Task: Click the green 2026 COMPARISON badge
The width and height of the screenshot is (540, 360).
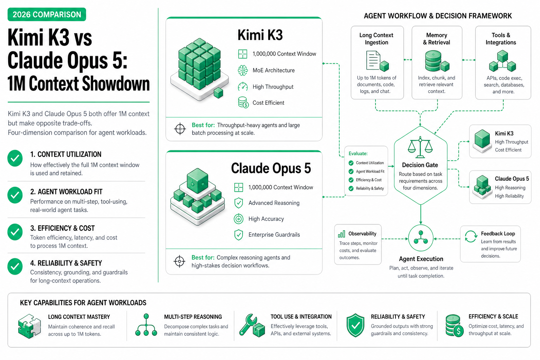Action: point(47,14)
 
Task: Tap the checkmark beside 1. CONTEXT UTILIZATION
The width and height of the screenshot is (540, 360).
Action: point(15,159)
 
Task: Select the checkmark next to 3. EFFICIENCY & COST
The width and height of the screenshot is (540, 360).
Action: point(15,232)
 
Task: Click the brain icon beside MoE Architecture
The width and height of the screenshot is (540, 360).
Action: point(243,70)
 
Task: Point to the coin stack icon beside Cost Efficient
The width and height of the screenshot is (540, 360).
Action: point(243,102)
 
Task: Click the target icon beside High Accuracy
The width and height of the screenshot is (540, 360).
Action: point(238,219)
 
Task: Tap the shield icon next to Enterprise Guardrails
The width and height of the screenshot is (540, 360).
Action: point(238,235)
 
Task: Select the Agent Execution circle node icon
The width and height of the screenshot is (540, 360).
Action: point(421,238)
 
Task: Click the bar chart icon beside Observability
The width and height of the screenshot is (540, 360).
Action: point(341,234)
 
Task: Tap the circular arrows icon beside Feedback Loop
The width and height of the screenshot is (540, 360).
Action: point(471,236)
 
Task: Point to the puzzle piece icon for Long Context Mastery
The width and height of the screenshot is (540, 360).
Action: point(30,326)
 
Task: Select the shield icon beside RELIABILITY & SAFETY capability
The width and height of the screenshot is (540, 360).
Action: point(355,325)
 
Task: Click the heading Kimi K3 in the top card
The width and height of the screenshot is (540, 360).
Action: point(260,35)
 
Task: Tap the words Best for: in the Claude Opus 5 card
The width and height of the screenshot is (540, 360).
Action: point(203,258)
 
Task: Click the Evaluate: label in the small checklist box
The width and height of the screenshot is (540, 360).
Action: point(358,154)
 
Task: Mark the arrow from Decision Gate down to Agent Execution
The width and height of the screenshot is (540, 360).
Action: point(421,214)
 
